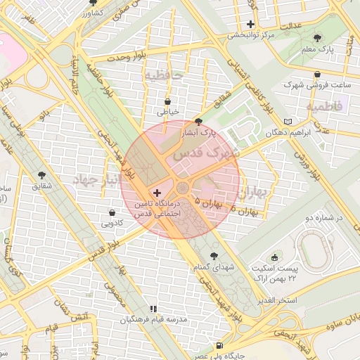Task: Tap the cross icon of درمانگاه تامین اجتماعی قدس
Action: pyautogui.click(x=156, y=192)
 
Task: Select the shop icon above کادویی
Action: pyautogui.click(x=112, y=212)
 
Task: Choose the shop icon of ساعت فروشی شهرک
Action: pyautogui.click(x=317, y=74)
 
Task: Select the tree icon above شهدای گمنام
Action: pyautogui.click(x=214, y=256)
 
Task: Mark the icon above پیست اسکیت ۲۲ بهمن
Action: pyautogui.click(x=274, y=255)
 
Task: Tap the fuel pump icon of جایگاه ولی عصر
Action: pyautogui.click(x=220, y=346)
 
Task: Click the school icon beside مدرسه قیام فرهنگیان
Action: pyautogui.click(x=153, y=309)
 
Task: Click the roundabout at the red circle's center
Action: pyautogui.click(x=182, y=188)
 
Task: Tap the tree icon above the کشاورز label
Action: pyautogui.click(x=94, y=3)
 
